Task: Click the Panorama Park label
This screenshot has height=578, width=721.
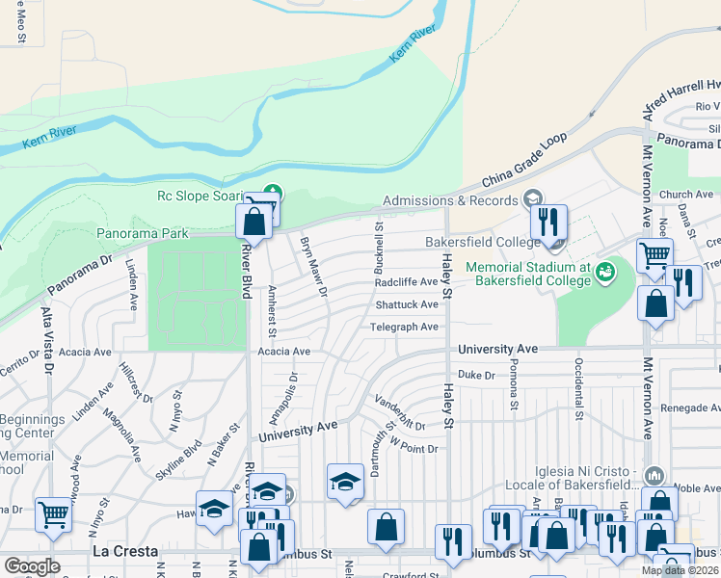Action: coord(143,233)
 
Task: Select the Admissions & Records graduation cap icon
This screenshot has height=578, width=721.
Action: coord(533,199)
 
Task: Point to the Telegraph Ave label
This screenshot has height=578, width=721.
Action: coord(405,327)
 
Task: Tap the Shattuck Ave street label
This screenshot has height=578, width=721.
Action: coord(407,304)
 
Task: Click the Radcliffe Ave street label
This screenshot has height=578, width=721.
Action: coord(407,282)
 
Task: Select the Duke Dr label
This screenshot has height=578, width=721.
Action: coord(476,374)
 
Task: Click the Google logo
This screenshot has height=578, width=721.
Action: coord(32,565)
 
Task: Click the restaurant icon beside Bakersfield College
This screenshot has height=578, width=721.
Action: coord(548,222)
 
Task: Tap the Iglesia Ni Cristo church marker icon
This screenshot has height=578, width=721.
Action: coord(654,476)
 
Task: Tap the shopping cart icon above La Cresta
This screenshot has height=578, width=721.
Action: coord(53,514)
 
